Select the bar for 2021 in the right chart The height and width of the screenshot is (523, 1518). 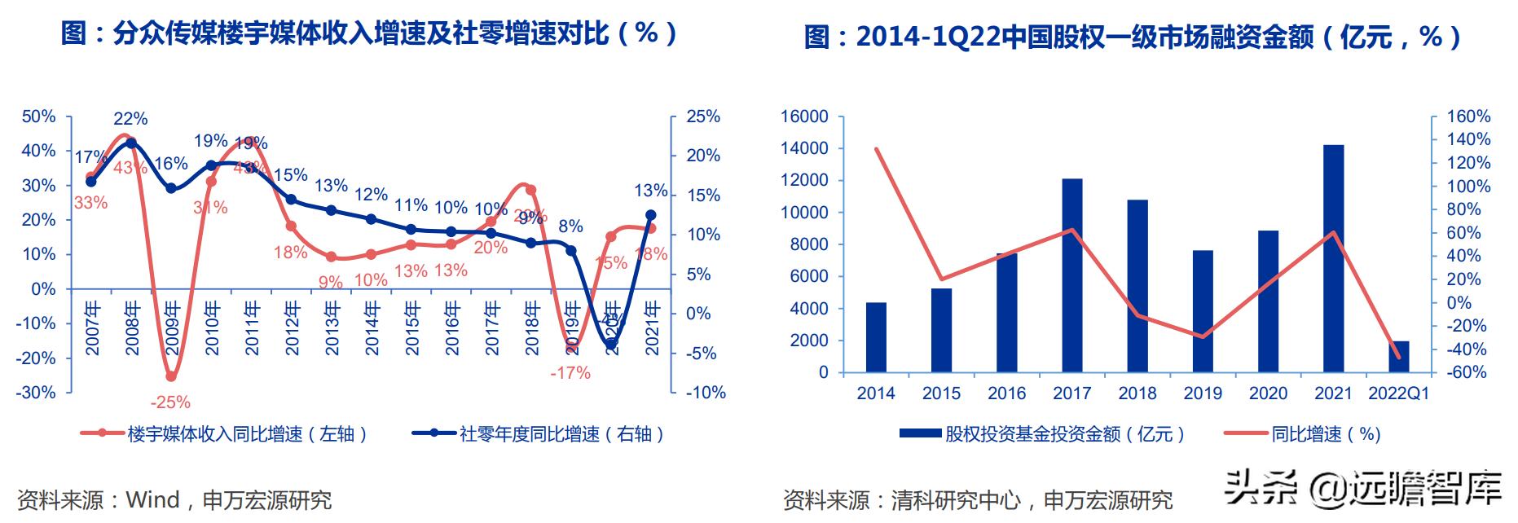point(1333,258)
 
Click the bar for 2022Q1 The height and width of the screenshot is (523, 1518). point(1398,357)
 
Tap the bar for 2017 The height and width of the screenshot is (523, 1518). point(1071,275)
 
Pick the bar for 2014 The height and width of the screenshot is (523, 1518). point(876,337)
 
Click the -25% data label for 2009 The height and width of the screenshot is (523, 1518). point(169,402)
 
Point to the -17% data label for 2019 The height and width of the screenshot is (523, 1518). point(570,373)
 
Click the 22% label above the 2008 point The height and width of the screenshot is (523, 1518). point(130,119)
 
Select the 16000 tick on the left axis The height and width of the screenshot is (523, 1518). point(804,116)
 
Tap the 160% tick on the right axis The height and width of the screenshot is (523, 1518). point(1467,116)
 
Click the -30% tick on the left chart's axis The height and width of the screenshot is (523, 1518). point(38,393)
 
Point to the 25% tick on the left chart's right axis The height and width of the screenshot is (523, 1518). point(703,116)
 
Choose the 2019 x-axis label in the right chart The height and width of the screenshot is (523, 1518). point(1203,393)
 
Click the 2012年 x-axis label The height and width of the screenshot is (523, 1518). point(291,328)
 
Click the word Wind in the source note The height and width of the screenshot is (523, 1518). point(152,499)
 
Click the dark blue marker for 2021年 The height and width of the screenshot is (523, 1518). point(651,215)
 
